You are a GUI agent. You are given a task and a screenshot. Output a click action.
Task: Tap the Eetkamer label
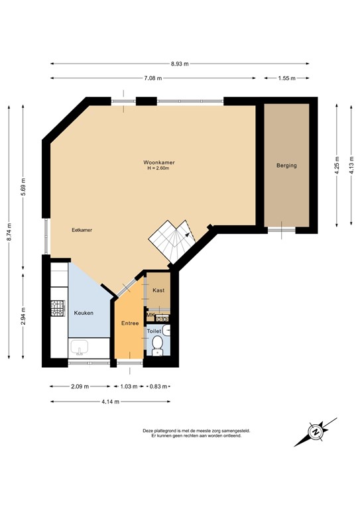(82, 230)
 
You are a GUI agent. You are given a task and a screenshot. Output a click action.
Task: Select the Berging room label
(286, 166)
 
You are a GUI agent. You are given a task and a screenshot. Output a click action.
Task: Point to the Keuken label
(83, 313)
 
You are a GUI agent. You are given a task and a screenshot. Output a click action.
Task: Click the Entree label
(129, 323)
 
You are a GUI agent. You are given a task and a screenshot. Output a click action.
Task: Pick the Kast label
(158, 290)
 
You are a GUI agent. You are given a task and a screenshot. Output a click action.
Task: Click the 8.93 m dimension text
(180, 64)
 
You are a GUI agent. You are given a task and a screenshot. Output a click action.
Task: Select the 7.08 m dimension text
(153, 78)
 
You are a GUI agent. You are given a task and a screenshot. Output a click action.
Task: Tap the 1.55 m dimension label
(286, 78)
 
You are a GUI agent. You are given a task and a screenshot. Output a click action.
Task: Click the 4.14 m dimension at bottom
(109, 401)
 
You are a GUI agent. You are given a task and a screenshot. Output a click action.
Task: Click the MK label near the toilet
(150, 315)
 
